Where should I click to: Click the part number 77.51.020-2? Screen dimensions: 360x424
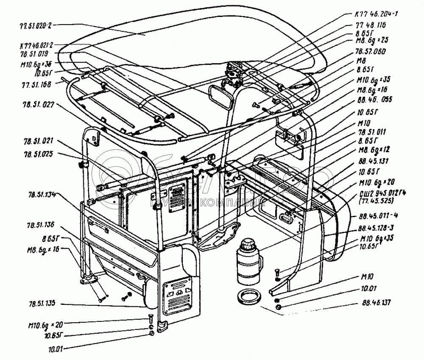click(36, 25)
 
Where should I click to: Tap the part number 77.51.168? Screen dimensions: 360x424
click(35, 84)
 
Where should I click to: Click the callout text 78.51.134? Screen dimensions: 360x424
click(39, 195)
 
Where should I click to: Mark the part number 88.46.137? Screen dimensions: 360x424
click(372, 303)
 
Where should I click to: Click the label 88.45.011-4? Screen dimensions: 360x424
click(377, 215)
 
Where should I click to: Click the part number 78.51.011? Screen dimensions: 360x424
click(371, 132)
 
